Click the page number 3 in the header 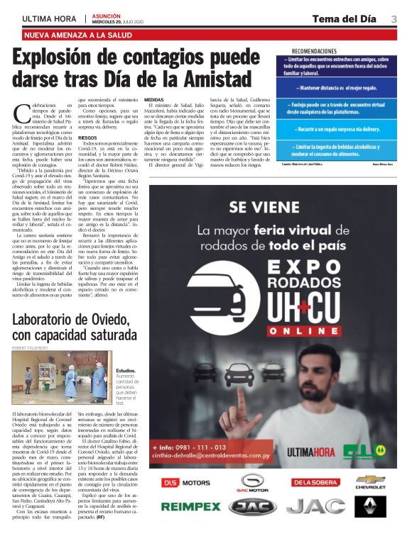click(x=394, y=18)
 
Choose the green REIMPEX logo click(x=191, y=507)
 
